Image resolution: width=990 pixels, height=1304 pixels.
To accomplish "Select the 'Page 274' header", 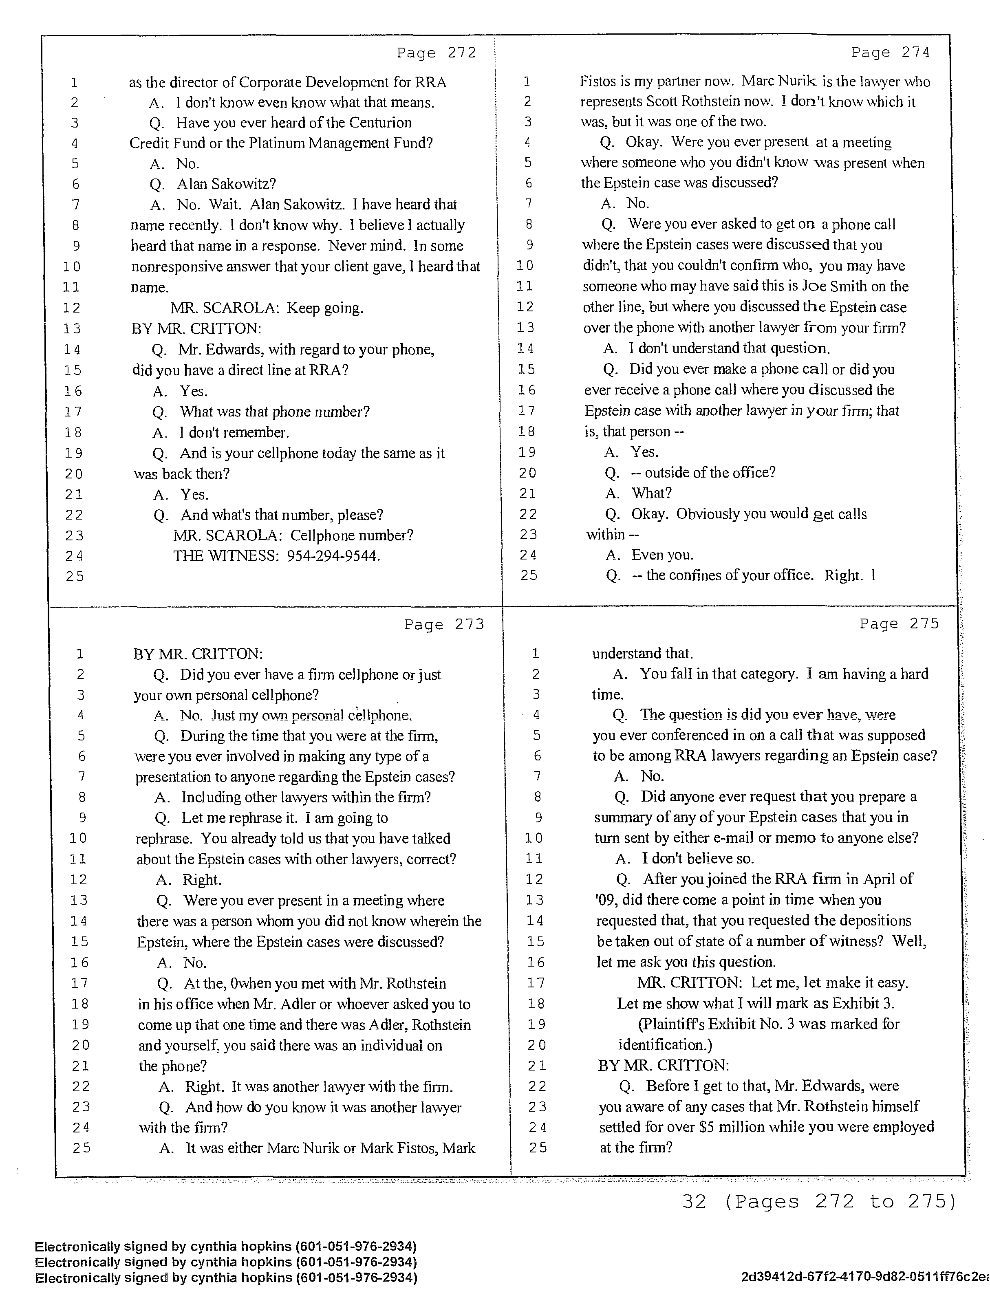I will point(891,53).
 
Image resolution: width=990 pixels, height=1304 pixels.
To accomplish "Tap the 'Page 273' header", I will point(444,624).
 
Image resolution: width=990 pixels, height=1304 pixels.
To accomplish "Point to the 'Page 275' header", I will point(899,624).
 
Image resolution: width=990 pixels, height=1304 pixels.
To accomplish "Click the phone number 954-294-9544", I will point(333,556).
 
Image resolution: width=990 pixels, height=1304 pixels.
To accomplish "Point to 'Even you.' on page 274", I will point(662,555).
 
